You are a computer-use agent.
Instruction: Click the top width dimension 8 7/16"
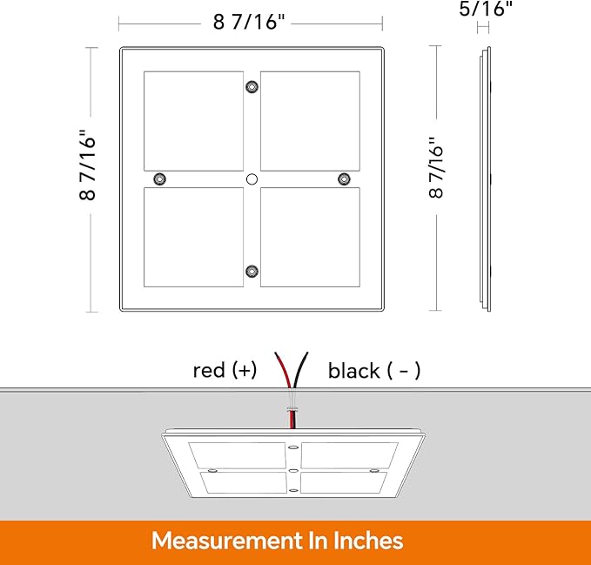coord(250,23)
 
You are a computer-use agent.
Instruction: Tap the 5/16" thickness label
coord(485,10)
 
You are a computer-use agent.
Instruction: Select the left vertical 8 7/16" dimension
coord(88,166)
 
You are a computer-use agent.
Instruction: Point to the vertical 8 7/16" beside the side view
coord(436,166)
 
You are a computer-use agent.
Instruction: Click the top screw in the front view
coord(252,87)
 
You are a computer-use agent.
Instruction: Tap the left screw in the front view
coord(159,179)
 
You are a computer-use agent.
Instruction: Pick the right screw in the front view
coord(344,179)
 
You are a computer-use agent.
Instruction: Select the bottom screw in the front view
coord(252,272)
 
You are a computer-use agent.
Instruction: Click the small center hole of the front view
coord(252,179)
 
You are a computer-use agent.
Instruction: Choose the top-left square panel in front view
coord(193,121)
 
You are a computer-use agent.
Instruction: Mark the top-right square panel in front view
coord(310,121)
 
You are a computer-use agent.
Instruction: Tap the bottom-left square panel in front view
coord(193,238)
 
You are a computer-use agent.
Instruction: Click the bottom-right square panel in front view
coord(310,238)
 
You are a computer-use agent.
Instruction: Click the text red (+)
coord(225,371)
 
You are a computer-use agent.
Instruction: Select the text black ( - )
coord(374,371)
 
